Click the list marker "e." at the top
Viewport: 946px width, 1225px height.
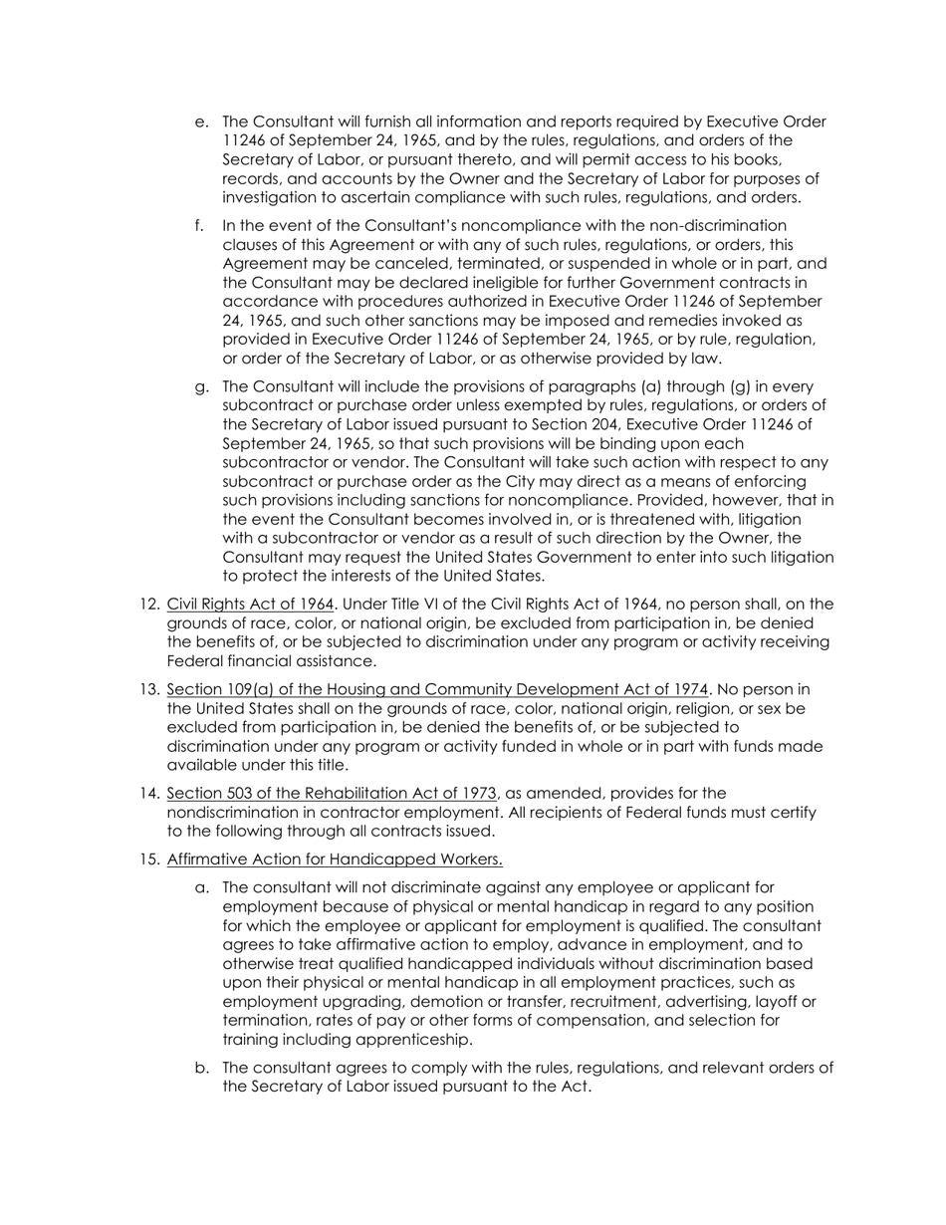point(201,122)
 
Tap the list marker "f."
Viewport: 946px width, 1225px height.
point(200,225)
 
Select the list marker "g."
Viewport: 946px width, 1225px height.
point(201,387)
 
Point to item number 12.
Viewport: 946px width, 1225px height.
point(149,605)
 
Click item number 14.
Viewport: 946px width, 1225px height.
point(149,794)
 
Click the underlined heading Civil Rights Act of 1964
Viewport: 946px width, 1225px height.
point(250,605)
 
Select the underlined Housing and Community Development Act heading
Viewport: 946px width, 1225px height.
point(438,690)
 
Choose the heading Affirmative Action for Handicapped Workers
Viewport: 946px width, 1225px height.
point(335,859)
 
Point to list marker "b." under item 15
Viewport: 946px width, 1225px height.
point(201,1069)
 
